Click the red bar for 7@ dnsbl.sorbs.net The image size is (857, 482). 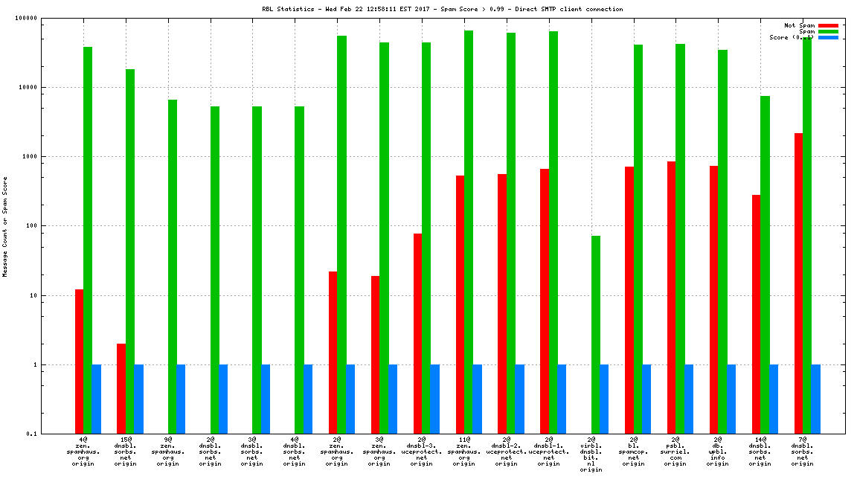pyautogui.click(x=798, y=283)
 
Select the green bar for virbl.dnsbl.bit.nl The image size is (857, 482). pyautogui.click(x=596, y=335)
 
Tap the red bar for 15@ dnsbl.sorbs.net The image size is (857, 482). pyautogui.click(x=121, y=388)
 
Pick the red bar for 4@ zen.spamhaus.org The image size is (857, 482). pyautogui.click(x=79, y=361)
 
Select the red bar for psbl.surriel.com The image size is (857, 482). pyautogui.click(x=671, y=298)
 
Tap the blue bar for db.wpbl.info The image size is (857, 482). pyautogui.click(x=731, y=399)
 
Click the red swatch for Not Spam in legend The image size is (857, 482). pyautogui.click(x=828, y=25)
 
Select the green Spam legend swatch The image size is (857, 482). pyautogui.click(x=828, y=31)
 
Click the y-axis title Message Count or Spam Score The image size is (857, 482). pyautogui.click(x=5, y=226)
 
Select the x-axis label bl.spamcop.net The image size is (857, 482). pyautogui.click(x=634, y=452)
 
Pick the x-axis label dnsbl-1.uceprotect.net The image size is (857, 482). pyautogui.click(x=549, y=452)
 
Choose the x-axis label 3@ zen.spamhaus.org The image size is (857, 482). pyautogui.click(x=379, y=452)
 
